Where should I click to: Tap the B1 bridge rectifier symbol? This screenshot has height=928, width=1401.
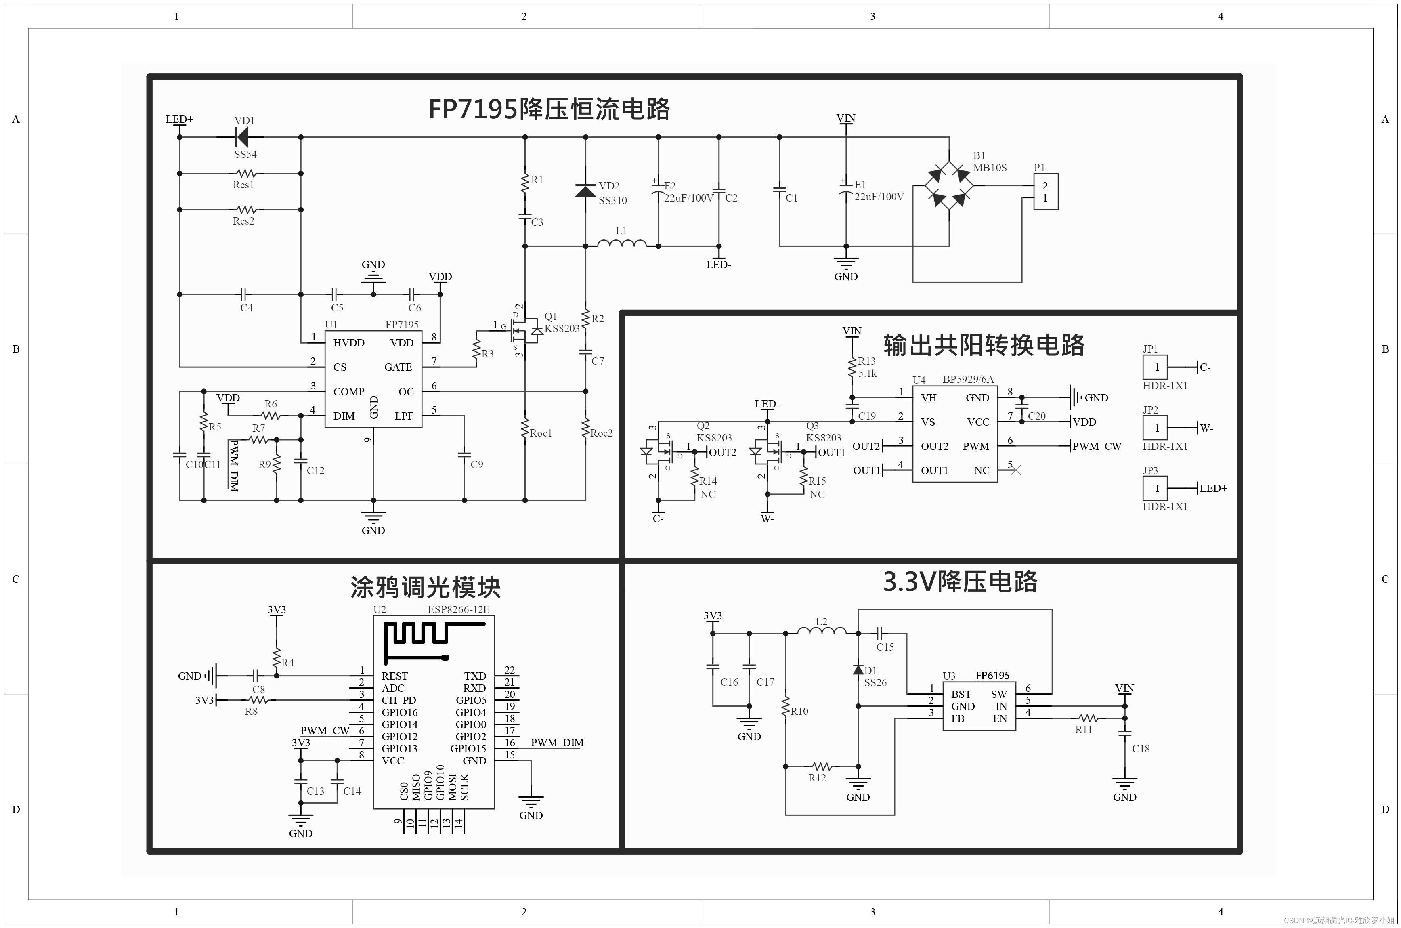pyautogui.click(x=949, y=185)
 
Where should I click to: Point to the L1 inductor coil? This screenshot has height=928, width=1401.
pyautogui.click(x=621, y=243)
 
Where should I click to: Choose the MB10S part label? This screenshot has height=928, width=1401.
pyautogui.click(x=990, y=168)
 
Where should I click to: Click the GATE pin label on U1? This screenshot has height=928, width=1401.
pyautogui.click(x=398, y=367)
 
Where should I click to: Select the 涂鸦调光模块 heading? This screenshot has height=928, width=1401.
pyautogui.click(x=426, y=588)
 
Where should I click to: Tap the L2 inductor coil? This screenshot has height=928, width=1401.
pyautogui.click(x=822, y=632)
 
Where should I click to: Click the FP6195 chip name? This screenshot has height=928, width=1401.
pyautogui.click(x=993, y=675)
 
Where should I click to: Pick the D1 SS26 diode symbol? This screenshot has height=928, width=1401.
pyautogui.click(x=858, y=670)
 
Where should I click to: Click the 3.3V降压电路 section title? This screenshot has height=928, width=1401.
pyautogui.click(x=960, y=582)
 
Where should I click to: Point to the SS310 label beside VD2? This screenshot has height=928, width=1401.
pyautogui.click(x=612, y=201)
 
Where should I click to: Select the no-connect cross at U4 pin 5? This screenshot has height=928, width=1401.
pyautogui.click(x=1016, y=470)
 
